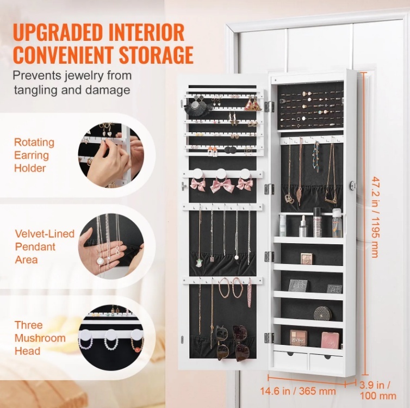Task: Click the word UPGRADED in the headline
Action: [x=57, y=32]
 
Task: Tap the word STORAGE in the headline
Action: [x=156, y=54]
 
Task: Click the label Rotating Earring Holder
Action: [x=34, y=155]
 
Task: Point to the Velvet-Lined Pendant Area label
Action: [x=45, y=246]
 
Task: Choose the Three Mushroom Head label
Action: [x=40, y=338]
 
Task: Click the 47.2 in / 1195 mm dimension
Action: [x=376, y=217]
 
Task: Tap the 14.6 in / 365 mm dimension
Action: [x=298, y=391]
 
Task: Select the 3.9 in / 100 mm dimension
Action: [x=378, y=390]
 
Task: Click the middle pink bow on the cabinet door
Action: [x=221, y=184]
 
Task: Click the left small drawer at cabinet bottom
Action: [x=290, y=360]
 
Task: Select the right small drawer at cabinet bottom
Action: [x=326, y=362]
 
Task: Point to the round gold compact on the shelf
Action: [x=322, y=313]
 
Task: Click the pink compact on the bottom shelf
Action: [x=330, y=340]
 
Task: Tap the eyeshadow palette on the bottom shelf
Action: [x=299, y=338]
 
